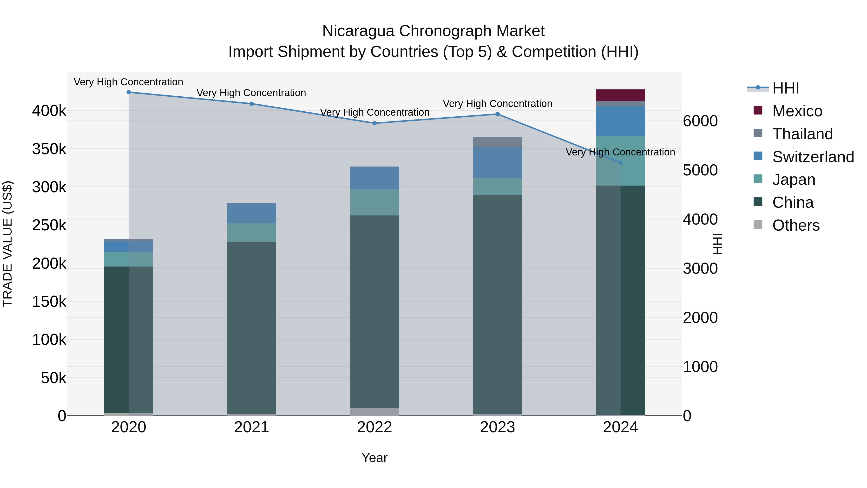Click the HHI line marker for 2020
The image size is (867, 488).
(129, 92)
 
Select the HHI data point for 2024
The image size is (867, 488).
(621, 163)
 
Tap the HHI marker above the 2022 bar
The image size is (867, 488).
(374, 123)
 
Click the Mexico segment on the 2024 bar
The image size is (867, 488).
(621, 95)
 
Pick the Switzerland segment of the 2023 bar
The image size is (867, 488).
(498, 162)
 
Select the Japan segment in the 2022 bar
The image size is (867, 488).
(374, 202)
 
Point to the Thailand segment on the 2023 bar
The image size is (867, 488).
(498, 142)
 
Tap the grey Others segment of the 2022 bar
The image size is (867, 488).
(374, 412)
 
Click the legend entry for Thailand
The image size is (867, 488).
(802, 134)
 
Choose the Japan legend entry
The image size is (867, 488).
(794, 180)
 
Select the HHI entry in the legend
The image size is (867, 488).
(786, 88)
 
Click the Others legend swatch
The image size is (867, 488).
(758, 225)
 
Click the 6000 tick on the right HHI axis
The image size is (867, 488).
(700, 121)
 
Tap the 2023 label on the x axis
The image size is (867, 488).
(498, 427)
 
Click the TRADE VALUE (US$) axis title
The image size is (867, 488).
(7, 244)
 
